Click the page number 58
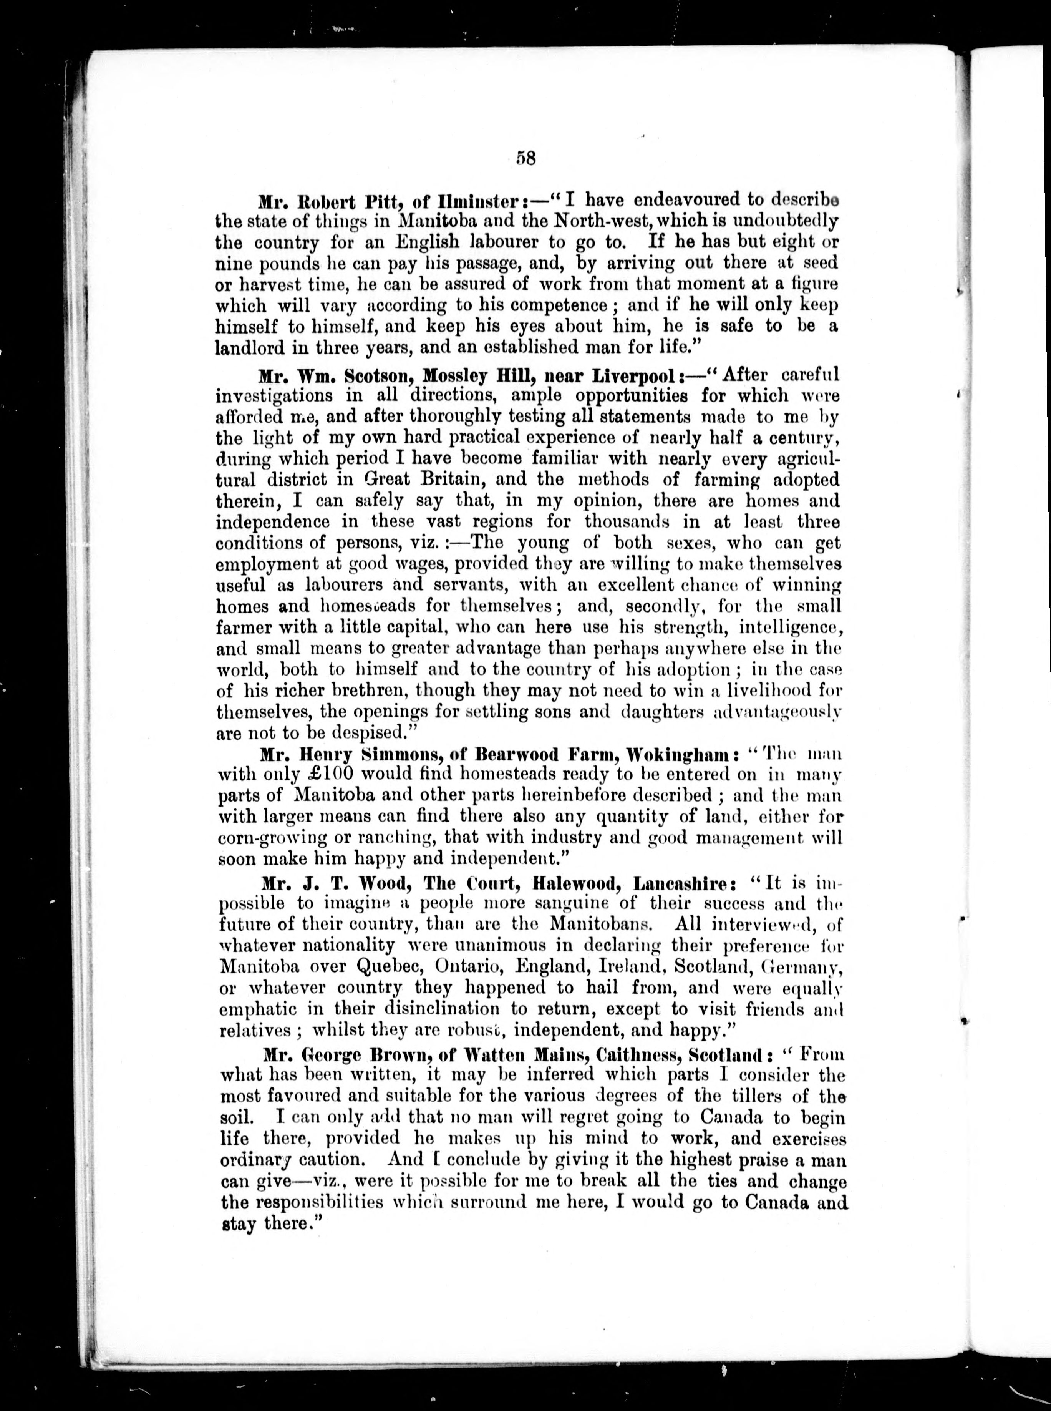click(x=527, y=158)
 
